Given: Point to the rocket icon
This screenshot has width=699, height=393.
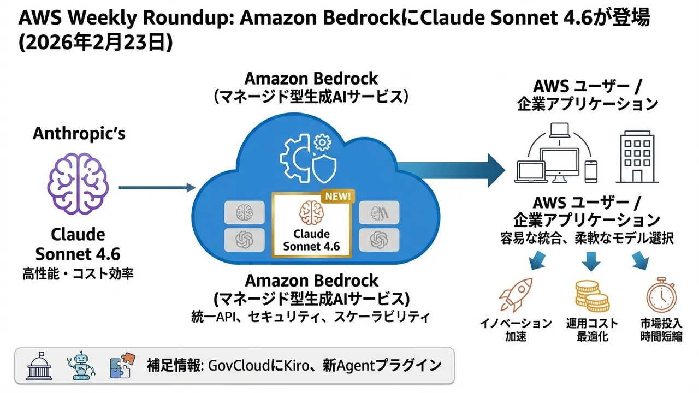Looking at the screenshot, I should pos(515,295).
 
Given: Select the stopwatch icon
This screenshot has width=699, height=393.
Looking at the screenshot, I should pos(661,295).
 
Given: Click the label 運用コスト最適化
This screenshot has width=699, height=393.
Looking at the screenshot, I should pos(591,329).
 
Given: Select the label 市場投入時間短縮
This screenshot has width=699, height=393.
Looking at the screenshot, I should pos(661,329).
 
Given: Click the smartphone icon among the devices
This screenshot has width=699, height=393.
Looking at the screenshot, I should pos(590,171).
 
